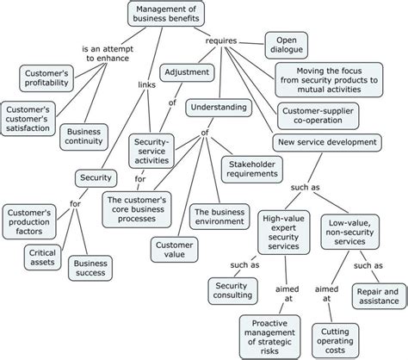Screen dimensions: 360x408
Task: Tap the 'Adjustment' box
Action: (185, 72)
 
